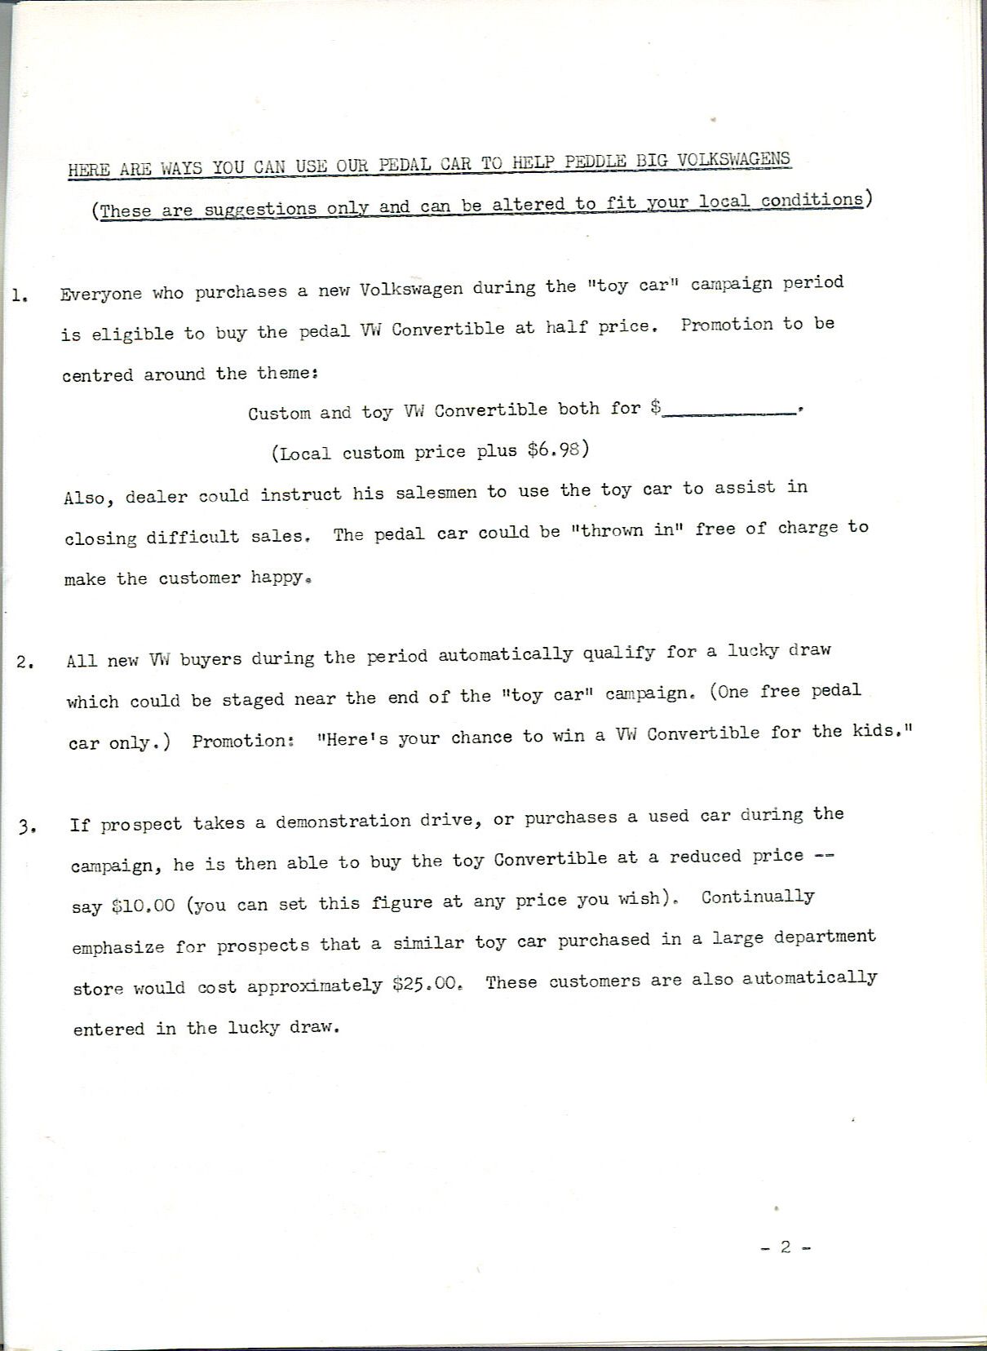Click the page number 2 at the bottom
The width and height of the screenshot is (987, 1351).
coord(786,1247)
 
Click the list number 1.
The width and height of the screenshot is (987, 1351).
coord(20,296)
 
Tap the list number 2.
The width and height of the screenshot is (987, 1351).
coord(24,662)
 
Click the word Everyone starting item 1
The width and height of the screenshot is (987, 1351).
coord(100,295)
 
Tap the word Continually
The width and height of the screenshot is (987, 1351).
coord(757,897)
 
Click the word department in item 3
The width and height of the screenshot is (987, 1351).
coord(824,937)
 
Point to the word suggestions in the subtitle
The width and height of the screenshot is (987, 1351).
coord(259,209)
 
